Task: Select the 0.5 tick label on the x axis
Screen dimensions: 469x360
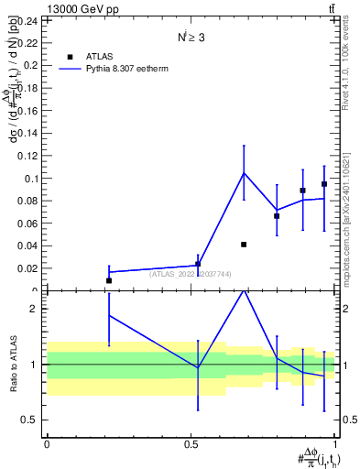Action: pyautogui.click(x=191, y=444)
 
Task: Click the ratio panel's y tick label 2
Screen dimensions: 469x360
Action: pyautogui.click(x=36, y=309)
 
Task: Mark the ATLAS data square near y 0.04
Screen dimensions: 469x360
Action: pyautogui.click(x=244, y=245)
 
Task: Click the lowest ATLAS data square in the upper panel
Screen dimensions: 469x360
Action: pyautogui.click(x=109, y=280)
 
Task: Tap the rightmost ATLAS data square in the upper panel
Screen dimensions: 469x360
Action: pyautogui.click(x=324, y=184)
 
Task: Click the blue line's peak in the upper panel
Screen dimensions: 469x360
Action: pyautogui.click(x=244, y=173)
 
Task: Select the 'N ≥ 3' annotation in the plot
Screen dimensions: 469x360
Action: pyautogui.click(x=191, y=38)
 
